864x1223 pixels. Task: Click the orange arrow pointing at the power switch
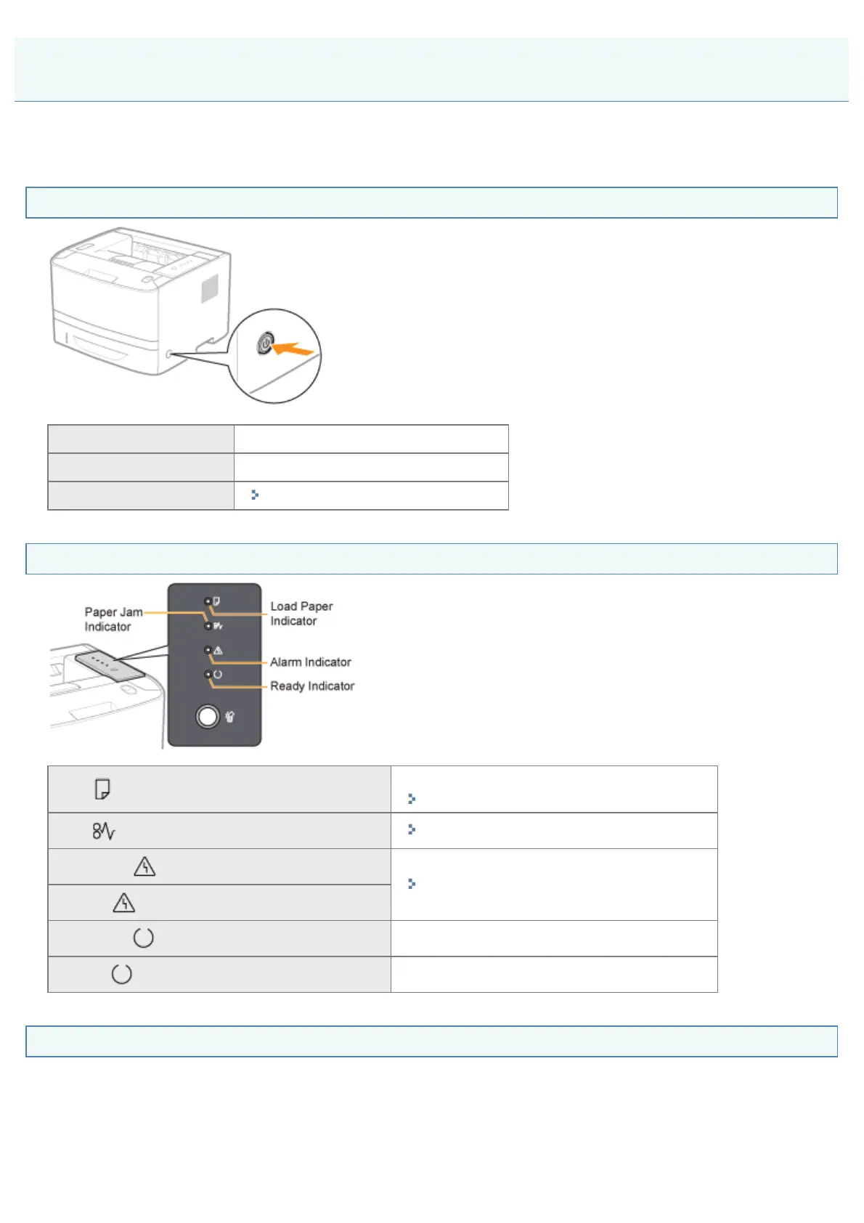click(x=293, y=350)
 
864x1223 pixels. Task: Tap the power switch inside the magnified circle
click(x=265, y=343)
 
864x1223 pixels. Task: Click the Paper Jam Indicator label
click(x=113, y=619)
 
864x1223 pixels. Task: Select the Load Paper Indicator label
click(x=301, y=614)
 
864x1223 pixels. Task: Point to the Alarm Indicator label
click(x=310, y=662)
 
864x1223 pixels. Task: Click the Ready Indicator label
click(x=312, y=686)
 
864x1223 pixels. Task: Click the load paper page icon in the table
click(x=102, y=789)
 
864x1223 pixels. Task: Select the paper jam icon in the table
click(x=103, y=831)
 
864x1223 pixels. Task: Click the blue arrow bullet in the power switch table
click(x=255, y=495)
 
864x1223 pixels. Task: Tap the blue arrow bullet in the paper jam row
click(x=412, y=829)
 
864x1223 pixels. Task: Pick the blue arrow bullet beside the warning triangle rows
click(x=412, y=884)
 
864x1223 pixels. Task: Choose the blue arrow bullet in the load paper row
click(x=412, y=799)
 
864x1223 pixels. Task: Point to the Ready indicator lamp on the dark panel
click(x=208, y=675)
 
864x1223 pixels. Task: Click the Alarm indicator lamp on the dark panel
click(x=208, y=650)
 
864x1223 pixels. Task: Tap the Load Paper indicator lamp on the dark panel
click(x=208, y=601)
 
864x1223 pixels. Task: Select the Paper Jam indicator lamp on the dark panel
click(x=208, y=625)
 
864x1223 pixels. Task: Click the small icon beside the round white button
click(x=230, y=718)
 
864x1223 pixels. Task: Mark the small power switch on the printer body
click(x=169, y=354)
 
